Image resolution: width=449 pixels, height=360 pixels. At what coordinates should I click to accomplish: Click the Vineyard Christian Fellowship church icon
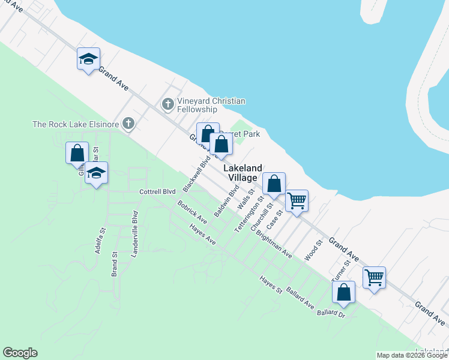(168, 105)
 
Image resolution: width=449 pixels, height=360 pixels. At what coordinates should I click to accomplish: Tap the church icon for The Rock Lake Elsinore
(128, 124)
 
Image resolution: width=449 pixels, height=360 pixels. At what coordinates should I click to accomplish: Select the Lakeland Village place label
(243, 173)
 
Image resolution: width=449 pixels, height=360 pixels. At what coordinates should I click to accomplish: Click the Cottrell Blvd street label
(157, 192)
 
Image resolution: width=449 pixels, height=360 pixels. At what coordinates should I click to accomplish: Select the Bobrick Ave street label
(192, 212)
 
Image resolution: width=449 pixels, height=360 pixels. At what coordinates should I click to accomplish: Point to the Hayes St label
(271, 284)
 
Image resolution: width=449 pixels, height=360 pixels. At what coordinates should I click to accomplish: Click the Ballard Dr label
(331, 313)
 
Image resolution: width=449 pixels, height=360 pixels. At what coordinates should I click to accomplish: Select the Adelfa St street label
(100, 240)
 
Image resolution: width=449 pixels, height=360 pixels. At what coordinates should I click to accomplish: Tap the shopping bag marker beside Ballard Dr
(344, 293)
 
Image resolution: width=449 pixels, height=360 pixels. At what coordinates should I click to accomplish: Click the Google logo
(20, 353)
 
